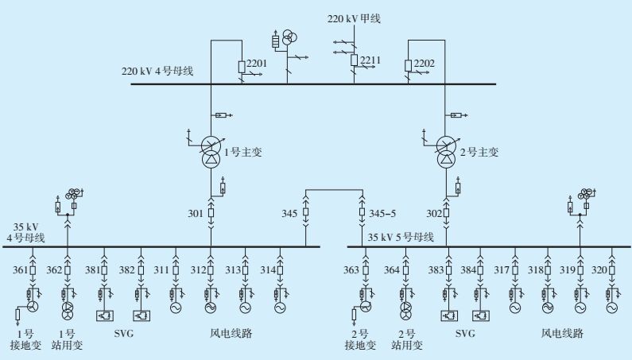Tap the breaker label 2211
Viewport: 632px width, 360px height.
coord(371,60)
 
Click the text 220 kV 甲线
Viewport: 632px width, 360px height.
coord(355,17)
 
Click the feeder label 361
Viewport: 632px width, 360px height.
coord(20,270)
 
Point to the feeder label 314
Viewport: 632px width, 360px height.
coord(266,270)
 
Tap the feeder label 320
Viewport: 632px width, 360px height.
coord(599,270)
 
